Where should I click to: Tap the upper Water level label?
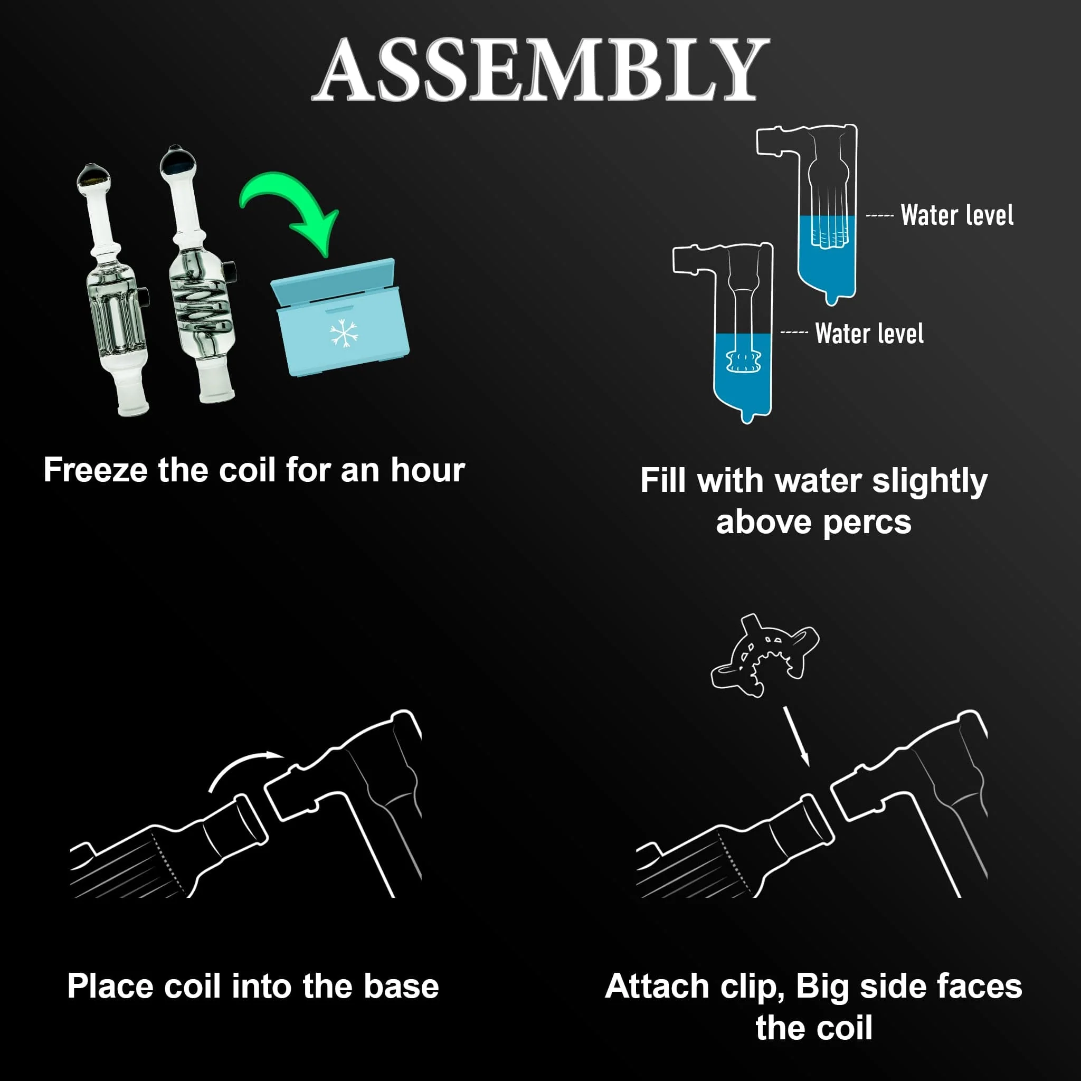point(957,215)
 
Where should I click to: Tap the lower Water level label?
point(869,334)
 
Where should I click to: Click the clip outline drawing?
point(764,655)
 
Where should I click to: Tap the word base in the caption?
point(401,986)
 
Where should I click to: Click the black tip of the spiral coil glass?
point(178,160)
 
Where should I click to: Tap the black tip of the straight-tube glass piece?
point(92,176)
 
